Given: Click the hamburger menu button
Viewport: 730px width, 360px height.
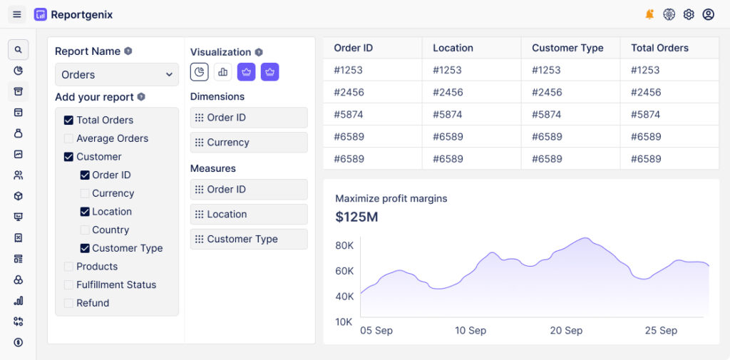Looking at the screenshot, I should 17,14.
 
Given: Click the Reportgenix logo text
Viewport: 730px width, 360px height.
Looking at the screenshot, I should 81,14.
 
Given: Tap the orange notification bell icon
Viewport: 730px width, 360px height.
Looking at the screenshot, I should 649,14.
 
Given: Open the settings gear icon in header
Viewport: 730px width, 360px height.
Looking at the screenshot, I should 689,14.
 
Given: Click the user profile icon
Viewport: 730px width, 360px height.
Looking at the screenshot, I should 708,14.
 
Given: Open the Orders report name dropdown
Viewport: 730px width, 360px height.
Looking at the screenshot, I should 117,75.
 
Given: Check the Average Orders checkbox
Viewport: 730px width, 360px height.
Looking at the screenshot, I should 68,139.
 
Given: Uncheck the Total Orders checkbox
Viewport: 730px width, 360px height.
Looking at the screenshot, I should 68,120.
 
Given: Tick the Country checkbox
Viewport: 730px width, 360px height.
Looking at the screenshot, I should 85,230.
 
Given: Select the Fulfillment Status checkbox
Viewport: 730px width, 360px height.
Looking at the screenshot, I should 68,285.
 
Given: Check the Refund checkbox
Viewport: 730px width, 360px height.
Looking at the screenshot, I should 68,304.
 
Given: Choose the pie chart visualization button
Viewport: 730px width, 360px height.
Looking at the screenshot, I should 200,72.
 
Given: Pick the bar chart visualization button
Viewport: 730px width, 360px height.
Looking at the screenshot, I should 223,72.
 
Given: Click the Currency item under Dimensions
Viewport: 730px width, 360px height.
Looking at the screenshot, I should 249,143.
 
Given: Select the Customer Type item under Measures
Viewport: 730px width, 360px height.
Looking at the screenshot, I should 249,240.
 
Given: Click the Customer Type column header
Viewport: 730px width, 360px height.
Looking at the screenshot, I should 567,48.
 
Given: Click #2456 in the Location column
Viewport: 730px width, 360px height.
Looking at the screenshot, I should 448,92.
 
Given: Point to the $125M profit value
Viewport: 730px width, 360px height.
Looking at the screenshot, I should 356,217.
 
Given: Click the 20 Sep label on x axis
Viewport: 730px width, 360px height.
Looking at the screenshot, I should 566,331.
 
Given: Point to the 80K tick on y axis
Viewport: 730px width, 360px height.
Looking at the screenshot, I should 344,246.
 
